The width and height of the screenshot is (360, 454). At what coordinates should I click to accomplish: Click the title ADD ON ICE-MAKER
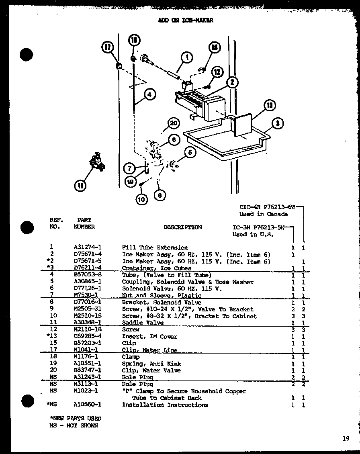(186, 20)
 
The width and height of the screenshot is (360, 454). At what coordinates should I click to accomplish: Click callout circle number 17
(108, 48)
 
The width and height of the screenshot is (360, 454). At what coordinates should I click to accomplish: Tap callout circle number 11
(80, 185)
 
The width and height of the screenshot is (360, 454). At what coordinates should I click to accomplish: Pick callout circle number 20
(173, 123)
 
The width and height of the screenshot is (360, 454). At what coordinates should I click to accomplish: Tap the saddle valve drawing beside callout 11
(96, 162)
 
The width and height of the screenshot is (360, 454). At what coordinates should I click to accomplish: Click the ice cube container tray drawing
(225, 141)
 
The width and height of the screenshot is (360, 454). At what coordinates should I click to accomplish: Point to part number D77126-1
(87, 288)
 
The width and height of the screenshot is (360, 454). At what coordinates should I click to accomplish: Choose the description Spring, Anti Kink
(145, 364)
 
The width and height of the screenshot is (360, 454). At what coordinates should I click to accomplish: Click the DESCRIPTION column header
(182, 227)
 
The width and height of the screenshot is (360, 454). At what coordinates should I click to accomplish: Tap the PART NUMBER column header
(84, 223)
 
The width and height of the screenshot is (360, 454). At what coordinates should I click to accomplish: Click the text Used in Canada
(263, 214)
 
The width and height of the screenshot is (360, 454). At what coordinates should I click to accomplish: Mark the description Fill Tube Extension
(155, 248)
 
